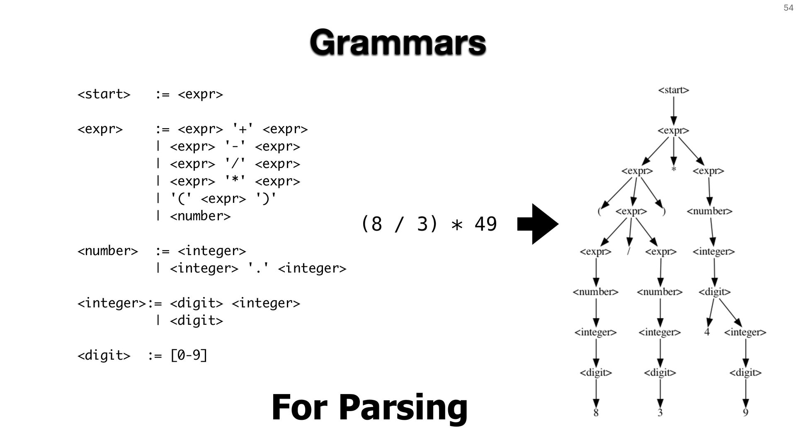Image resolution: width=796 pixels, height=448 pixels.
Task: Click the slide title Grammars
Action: [398, 42]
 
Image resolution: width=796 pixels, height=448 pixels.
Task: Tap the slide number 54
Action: [788, 8]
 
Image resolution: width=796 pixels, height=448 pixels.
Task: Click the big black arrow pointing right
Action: [538, 224]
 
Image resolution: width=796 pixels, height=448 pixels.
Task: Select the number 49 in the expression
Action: [485, 224]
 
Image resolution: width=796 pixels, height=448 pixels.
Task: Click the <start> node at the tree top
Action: [674, 90]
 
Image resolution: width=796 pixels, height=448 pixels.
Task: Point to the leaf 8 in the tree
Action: [596, 413]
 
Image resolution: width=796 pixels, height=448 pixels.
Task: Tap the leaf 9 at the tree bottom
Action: [745, 413]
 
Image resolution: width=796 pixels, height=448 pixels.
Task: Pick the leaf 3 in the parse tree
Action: [660, 413]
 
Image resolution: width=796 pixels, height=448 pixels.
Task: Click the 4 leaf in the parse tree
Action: [707, 332]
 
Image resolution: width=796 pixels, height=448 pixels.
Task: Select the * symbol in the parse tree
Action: [674, 170]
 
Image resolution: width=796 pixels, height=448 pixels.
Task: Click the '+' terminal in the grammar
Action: [243, 129]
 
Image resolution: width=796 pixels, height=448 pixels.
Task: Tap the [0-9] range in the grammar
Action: [189, 355]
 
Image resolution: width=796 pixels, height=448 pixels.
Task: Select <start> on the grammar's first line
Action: [104, 95]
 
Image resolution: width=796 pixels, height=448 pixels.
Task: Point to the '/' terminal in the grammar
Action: [235, 164]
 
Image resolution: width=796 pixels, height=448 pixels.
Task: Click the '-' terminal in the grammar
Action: [235, 146]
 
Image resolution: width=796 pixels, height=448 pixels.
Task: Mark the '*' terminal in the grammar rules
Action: [235, 181]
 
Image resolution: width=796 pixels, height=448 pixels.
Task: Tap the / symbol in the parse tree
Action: [629, 251]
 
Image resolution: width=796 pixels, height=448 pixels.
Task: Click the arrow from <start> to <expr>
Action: [674, 111]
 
